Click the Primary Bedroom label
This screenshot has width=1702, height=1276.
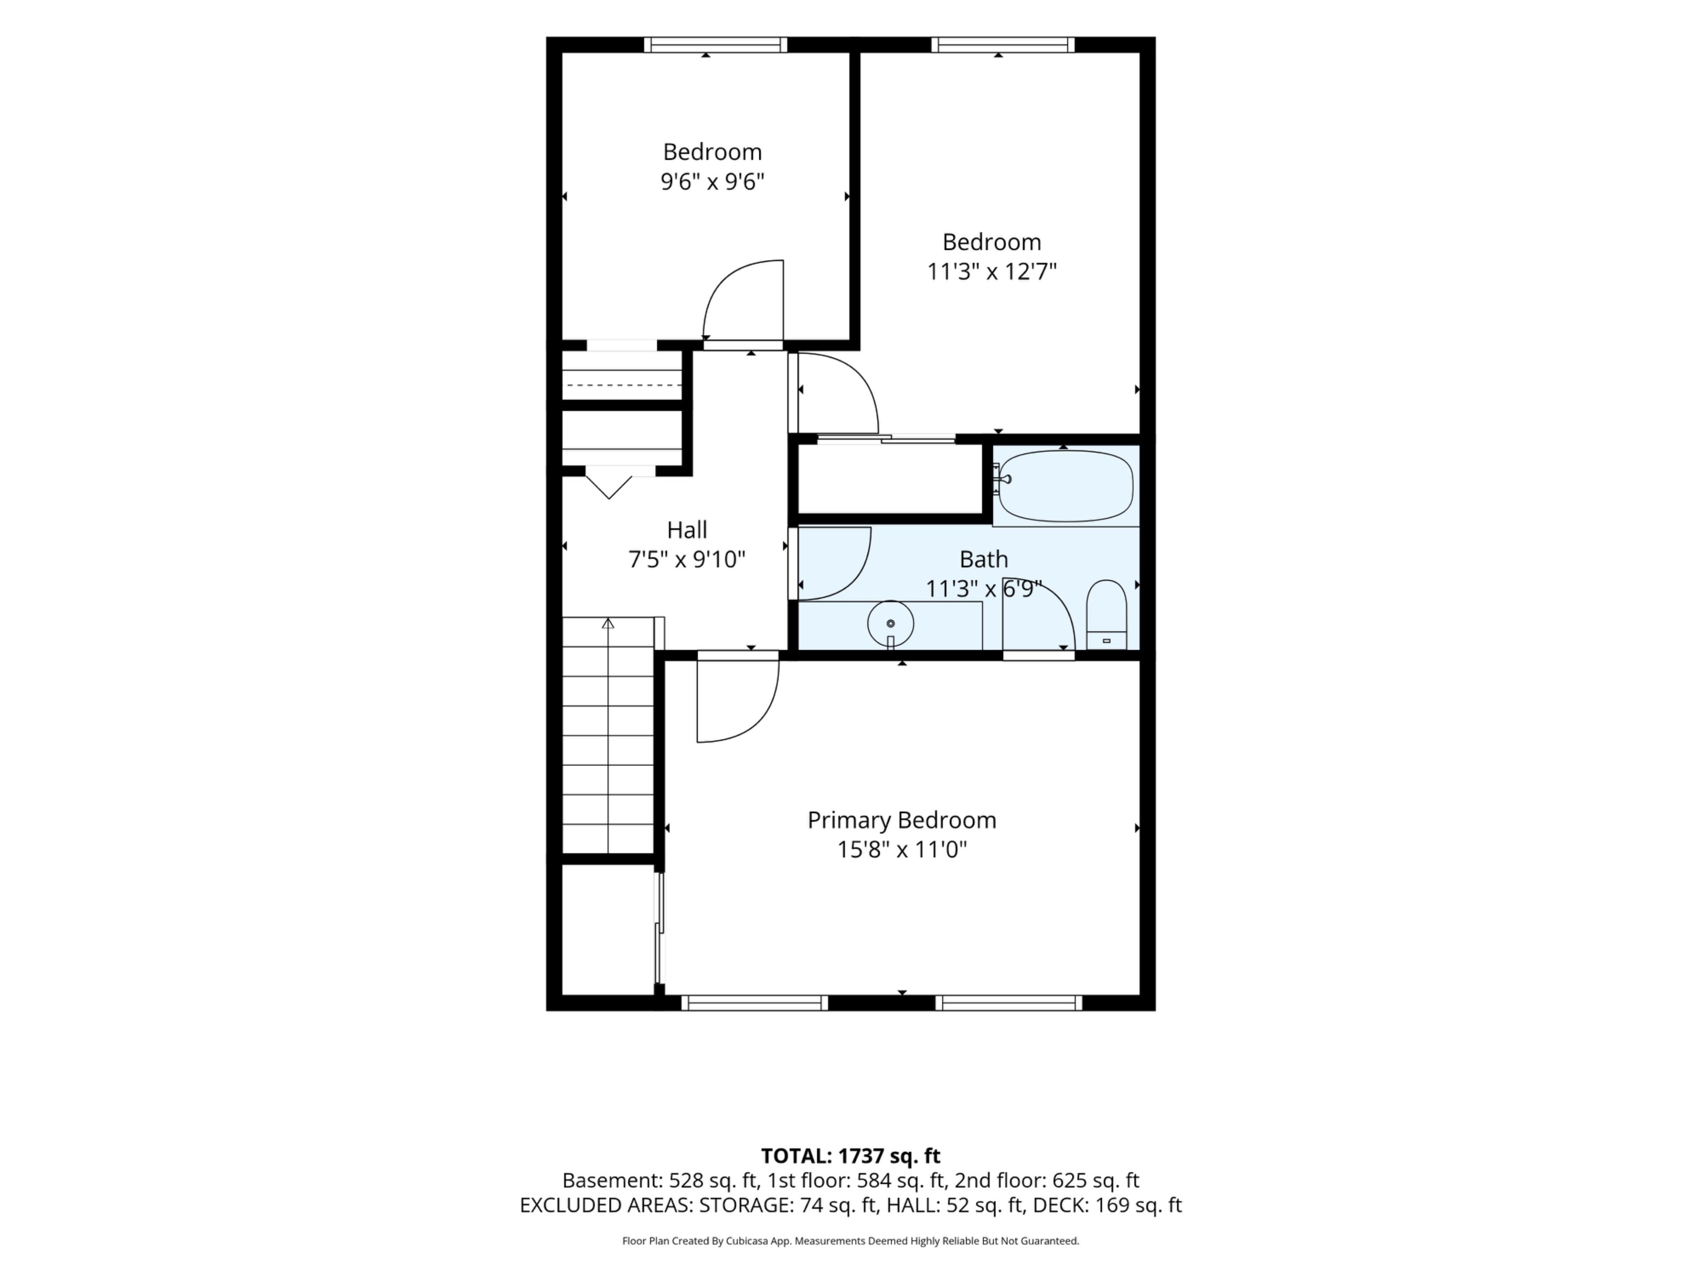[x=902, y=821]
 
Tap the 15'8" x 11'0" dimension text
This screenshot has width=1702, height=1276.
[x=902, y=850]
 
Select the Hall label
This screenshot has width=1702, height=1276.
[x=687, y=530]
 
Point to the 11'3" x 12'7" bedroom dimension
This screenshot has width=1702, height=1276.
[x=992, y=272]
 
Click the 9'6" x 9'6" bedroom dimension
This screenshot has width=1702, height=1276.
[x=713, y=182]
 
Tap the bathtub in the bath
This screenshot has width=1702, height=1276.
[x=1066, y=486]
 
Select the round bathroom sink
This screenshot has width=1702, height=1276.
[x=890, y=623]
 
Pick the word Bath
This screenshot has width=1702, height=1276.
[x=984, y=559]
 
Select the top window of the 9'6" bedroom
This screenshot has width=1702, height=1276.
[x=715, y=45]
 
